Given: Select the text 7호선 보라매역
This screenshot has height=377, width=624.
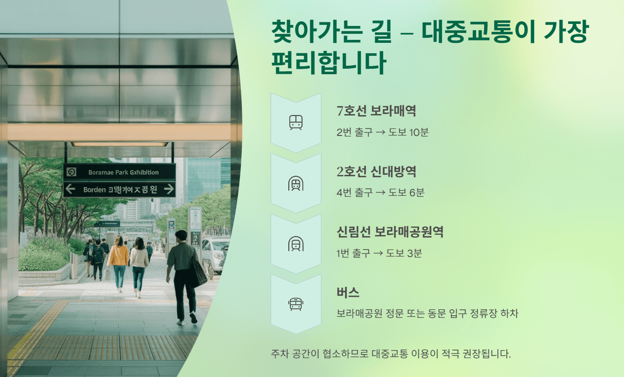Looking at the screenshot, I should pyautogui.click(x=376, y=111).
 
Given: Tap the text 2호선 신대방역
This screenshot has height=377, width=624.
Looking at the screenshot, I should pyautogui.click(x=376, y=172).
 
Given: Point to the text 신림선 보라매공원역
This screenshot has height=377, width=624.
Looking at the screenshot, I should pyautogui.click(x=390, y=232).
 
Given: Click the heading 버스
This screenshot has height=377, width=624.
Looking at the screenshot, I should pyautogui.click(x=348, y=293).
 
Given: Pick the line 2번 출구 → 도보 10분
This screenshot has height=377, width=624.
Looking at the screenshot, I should pyautogui.click(x=383, y=132).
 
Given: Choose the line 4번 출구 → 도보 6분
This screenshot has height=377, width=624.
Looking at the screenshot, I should pyautogui.click(x=380, y=193).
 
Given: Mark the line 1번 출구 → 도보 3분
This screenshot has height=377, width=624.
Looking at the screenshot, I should pyautogui.click(x=379, y=253).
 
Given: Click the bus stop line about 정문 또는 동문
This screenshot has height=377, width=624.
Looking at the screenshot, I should pyautogui.click(x=427, y=314).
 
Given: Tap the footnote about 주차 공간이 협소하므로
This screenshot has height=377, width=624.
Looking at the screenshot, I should pyautogui.click(x=391, y=354).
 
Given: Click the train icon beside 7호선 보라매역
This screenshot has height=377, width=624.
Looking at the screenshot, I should pyautogui.click(x=296, y=123).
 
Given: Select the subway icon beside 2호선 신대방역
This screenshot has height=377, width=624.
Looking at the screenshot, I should pyautogui.click(x=296, y=183).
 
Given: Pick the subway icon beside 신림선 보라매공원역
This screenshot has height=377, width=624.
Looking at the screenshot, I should pyautogui.click(x=296, y=244).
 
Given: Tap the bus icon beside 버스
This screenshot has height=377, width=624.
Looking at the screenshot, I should pyautogui.click(x=296, y=304).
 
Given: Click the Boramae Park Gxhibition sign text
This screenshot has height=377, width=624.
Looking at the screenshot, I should pyautogui.click(x=123, y=172).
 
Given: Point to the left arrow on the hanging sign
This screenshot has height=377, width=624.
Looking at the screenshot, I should pyautogui.click(x=70, y=189).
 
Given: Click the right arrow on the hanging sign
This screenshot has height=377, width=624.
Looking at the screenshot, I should pyautogui.click(x=169, y=189).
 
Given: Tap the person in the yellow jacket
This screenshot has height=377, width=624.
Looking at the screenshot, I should pyautogui.click(x=119, y=259).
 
